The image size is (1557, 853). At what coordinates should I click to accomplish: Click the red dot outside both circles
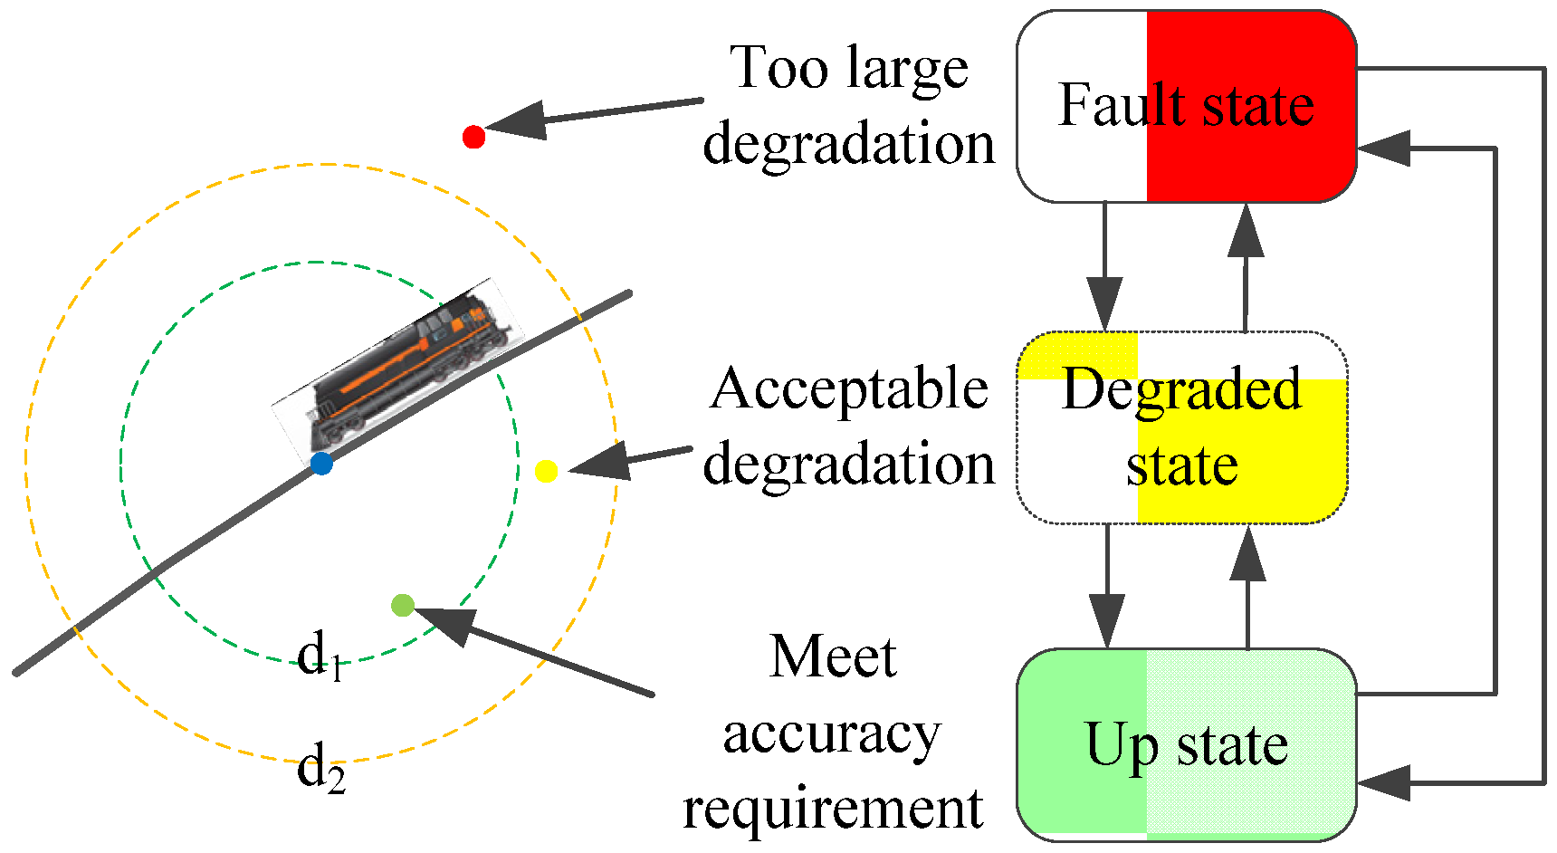coord(473,137)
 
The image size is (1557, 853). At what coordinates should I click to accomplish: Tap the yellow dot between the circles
coord(546,471)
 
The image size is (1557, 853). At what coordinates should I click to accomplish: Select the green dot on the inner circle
coord(403,605)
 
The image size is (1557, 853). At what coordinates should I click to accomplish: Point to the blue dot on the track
coord(321,464)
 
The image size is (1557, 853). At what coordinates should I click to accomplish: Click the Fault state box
coord(1186,106)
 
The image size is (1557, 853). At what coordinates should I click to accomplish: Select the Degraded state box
coord(1182,427)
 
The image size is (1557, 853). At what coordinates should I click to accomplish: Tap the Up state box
coord(1186,744)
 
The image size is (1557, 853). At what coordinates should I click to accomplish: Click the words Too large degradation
coord(849,106)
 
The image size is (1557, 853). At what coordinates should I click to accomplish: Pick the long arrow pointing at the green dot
coord(534,652)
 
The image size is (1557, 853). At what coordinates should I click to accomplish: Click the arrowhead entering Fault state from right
coord(1385,148)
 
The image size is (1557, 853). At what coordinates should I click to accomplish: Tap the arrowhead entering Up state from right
coord(1385,782)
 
